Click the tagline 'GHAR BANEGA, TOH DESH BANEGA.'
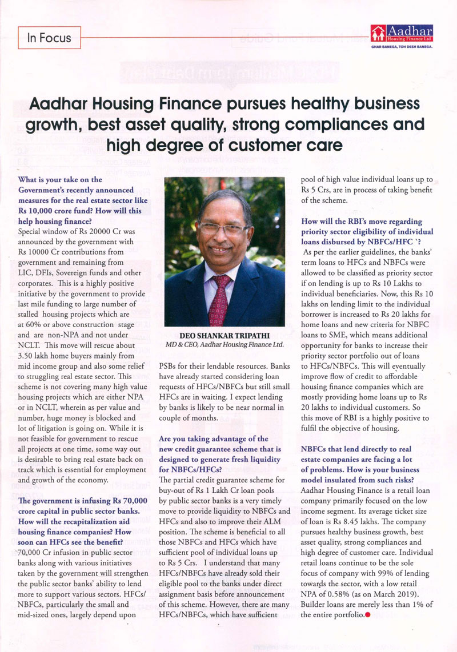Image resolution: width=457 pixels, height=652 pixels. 401,47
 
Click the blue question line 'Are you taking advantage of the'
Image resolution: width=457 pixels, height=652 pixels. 213,438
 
